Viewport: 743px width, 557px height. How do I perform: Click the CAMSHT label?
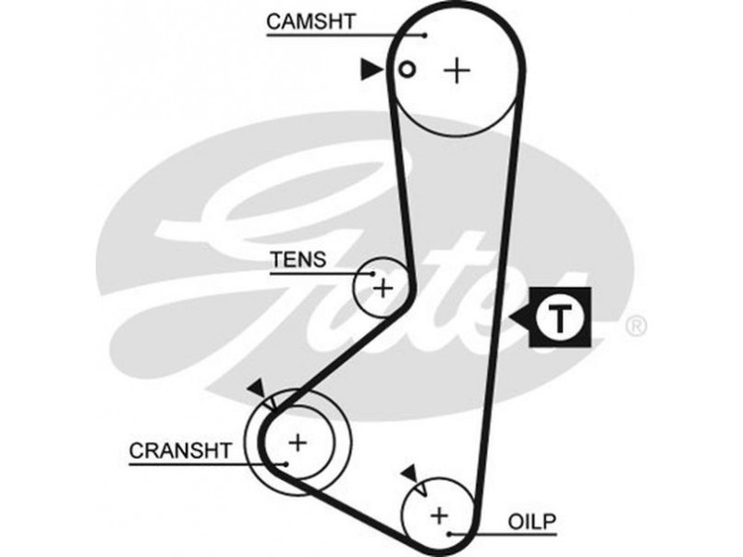pyautogui.click(x=309, y=20)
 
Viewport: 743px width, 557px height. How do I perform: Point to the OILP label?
pyautogui.click(x=531, y=522)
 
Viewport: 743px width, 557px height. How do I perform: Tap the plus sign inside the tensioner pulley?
pyautogui.click(x=383, y=288)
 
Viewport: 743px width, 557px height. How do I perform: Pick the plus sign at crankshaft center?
pyautogui.click(x=298, y=443)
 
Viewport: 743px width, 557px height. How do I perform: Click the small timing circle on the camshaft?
pyautogui.click(x=405, y=69)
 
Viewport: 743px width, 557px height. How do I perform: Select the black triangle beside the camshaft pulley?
pyautogui.click(x=371, y=68)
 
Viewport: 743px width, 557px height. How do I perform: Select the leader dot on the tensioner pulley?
pyautogui.click(x=372, y=275)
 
